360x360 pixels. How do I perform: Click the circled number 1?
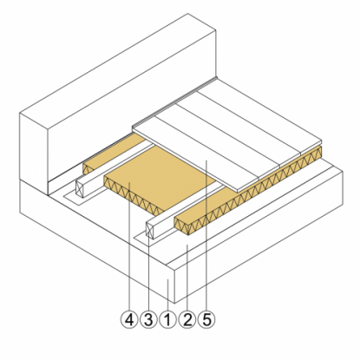pos(168,319)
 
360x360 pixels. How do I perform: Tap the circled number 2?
pos(187,319)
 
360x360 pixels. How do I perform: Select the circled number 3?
pos(148,319)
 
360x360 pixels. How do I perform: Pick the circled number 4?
pos(129,319)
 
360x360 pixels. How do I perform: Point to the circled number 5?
pos(206,319)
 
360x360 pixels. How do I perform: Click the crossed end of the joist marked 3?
pos(150,231)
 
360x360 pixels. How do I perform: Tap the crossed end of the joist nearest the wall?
pos(79,189)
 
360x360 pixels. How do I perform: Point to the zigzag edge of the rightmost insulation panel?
pos(248,190)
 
